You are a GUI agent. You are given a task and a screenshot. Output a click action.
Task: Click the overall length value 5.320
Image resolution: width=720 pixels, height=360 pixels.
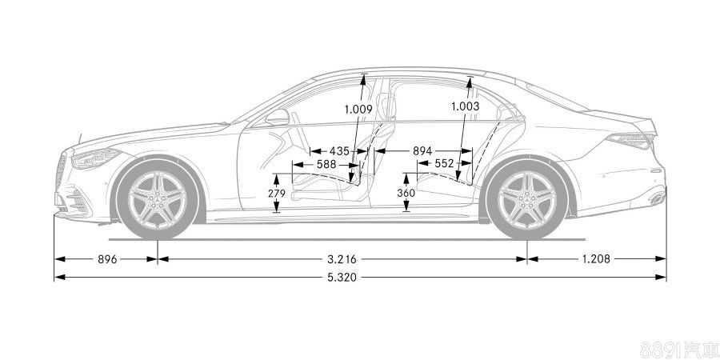point(341,277)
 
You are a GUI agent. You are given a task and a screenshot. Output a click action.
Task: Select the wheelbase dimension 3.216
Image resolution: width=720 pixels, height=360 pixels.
point(341,258)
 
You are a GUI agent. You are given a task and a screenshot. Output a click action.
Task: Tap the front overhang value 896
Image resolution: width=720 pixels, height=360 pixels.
point(106,258)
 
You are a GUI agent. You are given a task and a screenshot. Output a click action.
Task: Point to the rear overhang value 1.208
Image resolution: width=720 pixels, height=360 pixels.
point(595,258)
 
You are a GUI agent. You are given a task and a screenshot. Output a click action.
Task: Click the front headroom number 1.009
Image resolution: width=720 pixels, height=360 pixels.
point(358,109)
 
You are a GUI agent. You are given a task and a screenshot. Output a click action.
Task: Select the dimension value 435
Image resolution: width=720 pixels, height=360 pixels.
point(338,150)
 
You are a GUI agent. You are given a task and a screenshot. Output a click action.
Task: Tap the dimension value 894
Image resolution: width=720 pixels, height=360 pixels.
point(423,150)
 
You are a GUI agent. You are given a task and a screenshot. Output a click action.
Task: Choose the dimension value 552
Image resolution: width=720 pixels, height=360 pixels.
point(444,163)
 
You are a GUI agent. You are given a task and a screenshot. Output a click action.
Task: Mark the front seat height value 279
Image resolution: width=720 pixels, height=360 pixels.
point(276,194)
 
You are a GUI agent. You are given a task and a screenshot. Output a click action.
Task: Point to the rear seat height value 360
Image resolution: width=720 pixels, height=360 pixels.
point(406,194)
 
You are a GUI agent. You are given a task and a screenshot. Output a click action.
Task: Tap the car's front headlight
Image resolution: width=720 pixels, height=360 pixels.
point(94,158)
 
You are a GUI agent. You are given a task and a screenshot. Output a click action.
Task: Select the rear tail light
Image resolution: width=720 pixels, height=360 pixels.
point(632,142)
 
